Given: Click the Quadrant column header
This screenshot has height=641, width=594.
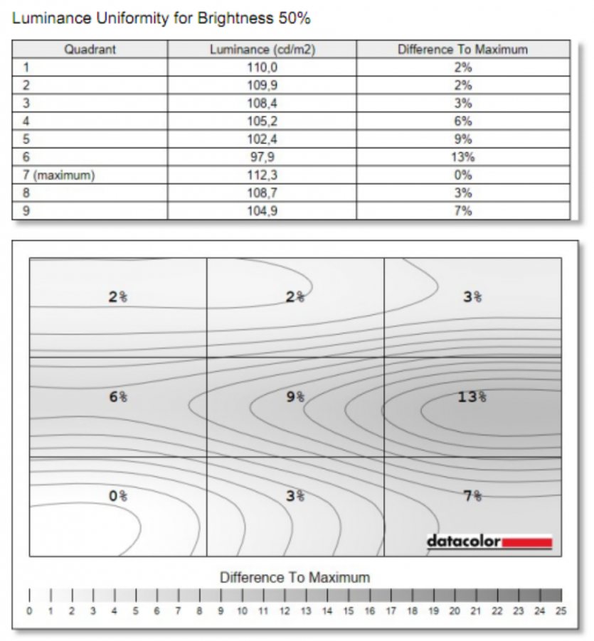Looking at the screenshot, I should click(90, 50).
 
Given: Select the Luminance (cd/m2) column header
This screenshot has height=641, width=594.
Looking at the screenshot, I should click(262, 50).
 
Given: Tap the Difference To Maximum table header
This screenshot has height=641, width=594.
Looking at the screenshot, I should click(462, 50).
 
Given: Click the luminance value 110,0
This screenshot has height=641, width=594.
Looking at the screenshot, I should click(262, 68).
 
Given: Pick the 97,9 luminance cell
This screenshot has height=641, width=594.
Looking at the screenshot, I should click(262, 157).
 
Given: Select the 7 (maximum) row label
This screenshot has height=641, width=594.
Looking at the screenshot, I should click(59, 175).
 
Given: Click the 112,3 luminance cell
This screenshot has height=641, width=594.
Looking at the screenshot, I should click(262, 175).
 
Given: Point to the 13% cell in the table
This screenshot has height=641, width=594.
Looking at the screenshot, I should click(462, 157).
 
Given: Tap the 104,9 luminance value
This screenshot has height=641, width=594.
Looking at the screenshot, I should click(262, 211).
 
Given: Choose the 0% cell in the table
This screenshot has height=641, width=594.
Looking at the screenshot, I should click(462, 175).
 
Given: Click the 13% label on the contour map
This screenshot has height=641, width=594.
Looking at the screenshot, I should click(472, 397).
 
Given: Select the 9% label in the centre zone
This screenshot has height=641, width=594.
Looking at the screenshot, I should click(295, 397).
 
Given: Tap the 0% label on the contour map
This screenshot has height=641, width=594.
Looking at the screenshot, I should click(118, 496).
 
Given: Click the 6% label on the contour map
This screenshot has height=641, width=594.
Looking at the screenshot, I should click(118, 397).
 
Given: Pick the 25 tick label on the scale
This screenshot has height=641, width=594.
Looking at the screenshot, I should click(561, 610).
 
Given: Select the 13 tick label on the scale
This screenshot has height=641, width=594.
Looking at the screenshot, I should click(306, 610).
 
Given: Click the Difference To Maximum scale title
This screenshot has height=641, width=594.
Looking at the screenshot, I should click(295, 577).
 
